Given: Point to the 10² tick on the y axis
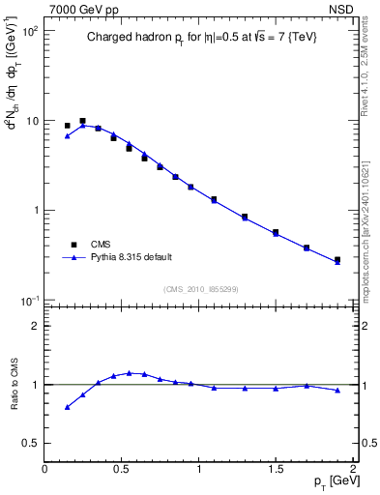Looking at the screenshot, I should click(28, 32).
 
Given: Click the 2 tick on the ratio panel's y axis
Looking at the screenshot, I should click(36, 326).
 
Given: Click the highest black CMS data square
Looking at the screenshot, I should click(82, 121).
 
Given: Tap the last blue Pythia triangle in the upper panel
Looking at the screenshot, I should click(337, 261).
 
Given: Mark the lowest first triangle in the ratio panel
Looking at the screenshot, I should click(67, 407).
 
